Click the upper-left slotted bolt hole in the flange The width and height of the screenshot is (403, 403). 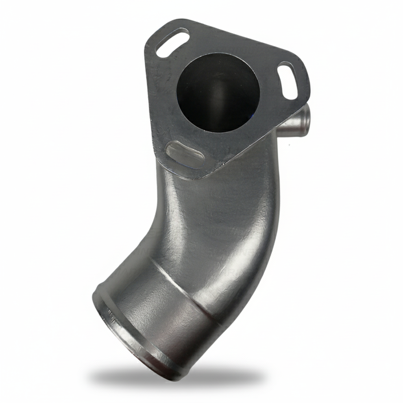172,43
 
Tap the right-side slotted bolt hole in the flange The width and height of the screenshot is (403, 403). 288,81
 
